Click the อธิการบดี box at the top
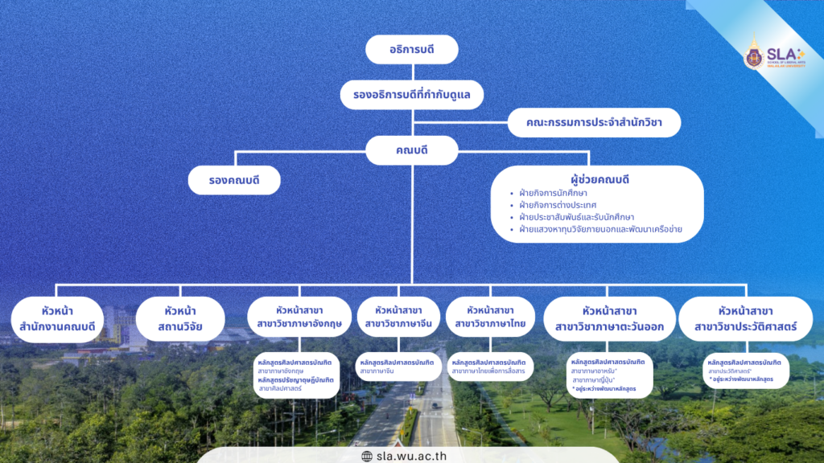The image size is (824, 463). pos(411,50)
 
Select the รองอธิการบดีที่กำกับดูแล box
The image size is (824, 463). pos(411,95)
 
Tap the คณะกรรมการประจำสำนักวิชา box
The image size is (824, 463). pos(595,123)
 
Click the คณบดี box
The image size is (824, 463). pos(411,150)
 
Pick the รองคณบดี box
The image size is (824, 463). pos(234,180)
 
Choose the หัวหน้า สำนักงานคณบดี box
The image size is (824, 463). pos(58,318)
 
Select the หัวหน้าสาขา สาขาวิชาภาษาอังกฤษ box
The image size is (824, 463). pos(298,318)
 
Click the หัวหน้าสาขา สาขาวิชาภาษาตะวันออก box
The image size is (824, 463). pos(609,318)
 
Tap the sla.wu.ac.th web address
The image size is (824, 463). pos(417,456)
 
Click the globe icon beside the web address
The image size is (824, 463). pos(367,456)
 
